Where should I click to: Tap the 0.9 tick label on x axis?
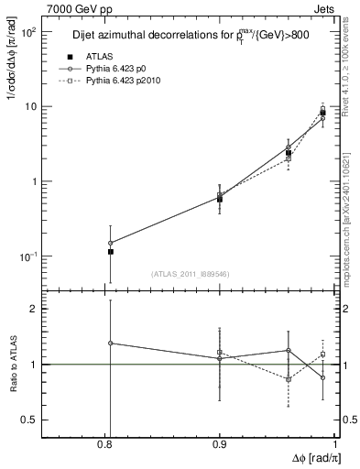(221, 445)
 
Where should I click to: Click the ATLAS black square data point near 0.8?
(111, 251)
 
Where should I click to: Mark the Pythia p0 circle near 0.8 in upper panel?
(111, 243)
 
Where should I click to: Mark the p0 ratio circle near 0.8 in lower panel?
(111, 343)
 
